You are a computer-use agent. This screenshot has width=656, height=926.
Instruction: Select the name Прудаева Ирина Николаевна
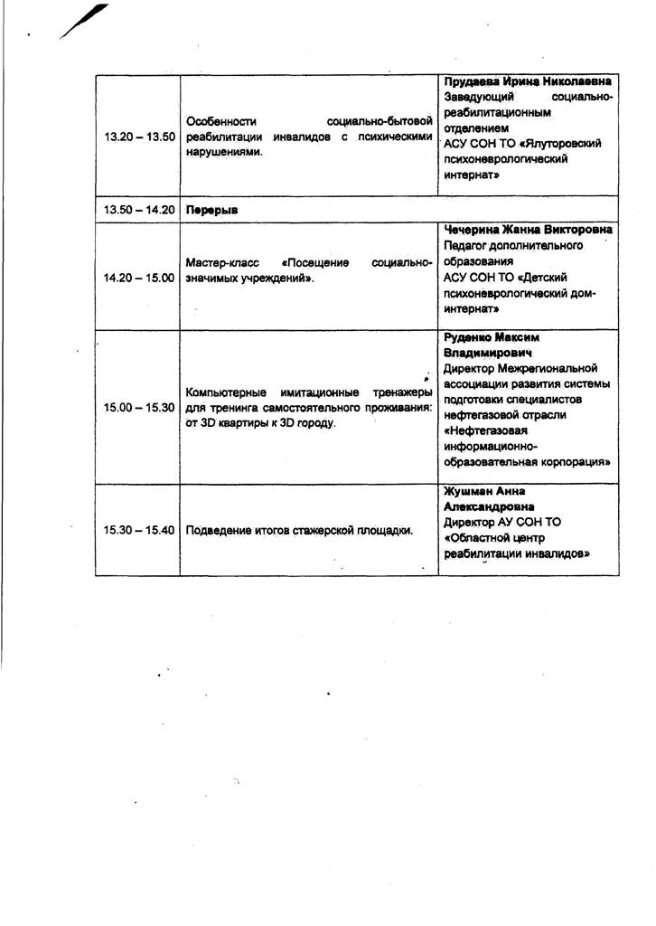coord(528,81)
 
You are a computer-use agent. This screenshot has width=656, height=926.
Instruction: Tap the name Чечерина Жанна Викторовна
coord(528,230)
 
